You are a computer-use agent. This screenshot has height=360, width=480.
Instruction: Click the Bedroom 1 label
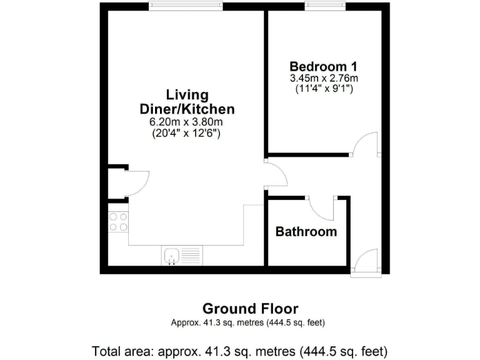323,66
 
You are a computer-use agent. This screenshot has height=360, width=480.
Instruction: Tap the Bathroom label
306,232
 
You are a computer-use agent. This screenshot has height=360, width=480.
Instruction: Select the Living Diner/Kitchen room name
186,102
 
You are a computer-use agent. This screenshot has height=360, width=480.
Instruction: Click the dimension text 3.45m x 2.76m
323,79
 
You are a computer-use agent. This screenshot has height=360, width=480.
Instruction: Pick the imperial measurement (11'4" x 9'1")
323,89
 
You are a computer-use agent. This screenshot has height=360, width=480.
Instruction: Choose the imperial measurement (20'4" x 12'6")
186,133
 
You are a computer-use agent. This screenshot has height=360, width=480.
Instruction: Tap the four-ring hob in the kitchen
118,222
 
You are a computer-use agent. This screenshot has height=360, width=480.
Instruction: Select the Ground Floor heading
250,308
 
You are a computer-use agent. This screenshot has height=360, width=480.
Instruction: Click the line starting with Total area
240,350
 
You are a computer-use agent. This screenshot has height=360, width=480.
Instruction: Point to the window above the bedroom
324,6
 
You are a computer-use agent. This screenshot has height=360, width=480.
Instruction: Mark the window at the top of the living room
186,6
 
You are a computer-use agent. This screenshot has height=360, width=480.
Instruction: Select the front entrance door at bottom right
365,262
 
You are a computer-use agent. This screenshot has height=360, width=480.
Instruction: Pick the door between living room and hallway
276,174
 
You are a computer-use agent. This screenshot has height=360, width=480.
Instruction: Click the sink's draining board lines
191,255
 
